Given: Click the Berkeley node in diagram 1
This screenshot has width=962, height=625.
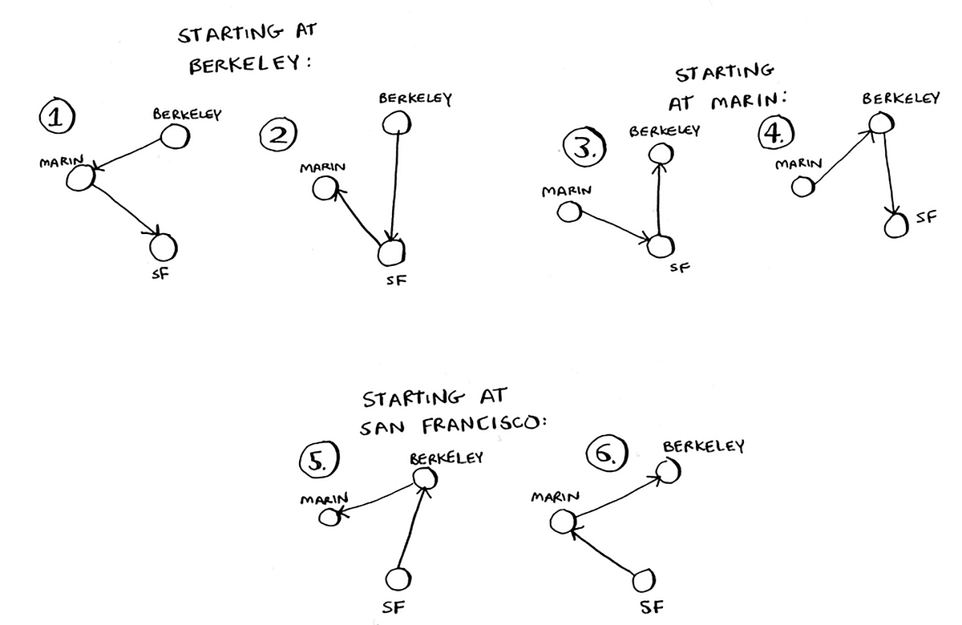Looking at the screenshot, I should [x=175, y=137].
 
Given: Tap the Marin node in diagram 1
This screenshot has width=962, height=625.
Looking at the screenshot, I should [x=79, y=177].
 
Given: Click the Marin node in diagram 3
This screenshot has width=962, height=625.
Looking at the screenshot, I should [x=570, y=212].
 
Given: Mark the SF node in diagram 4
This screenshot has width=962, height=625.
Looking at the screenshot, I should [x=896, y=225].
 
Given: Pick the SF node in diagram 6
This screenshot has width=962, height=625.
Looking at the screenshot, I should [x=645, y=581].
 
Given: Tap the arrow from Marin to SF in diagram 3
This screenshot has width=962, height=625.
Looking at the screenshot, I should [x=613, y=225].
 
